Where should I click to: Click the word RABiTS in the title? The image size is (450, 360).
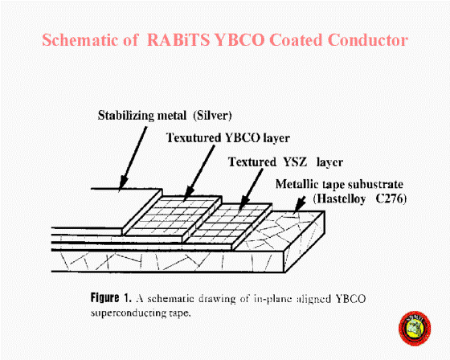click(x=178, y=40)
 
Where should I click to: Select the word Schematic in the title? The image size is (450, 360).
click(x=80, y=40)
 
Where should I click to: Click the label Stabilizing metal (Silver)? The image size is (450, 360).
click(x=165, y=116)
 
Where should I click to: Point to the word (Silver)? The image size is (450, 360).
click(x=212, y=116)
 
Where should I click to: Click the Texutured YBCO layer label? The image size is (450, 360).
click(x=228, y=137)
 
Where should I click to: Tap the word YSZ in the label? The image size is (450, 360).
click(x=295, y=162)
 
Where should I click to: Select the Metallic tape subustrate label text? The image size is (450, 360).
click(x=339, y=184)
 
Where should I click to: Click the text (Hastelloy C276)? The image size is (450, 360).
click(x=360, y=198)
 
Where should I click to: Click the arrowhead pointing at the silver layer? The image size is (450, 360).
click(x=123, y=183)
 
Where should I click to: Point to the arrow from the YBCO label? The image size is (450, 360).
click(x=199, y=173)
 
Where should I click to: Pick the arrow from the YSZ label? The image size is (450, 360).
click(x=251, y=190)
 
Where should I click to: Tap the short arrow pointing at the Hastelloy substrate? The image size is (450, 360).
click(x=299, y=205)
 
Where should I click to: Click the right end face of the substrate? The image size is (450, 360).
click(x=305, y=241)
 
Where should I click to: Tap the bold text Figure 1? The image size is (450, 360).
click(x=111, y=298)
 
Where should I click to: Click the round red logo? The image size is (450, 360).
click(x=415, y=329)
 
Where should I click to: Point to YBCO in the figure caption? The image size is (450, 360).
click(x=350, y=299)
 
